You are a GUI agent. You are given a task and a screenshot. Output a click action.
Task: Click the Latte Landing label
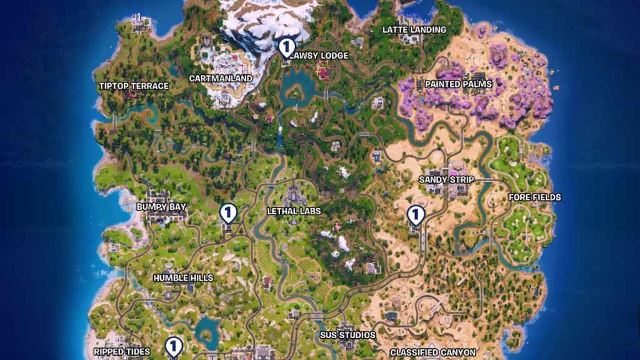click(414, 29)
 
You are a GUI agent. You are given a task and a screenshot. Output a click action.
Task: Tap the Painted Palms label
click(458, 84)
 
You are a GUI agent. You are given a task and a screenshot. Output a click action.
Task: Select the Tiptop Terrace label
click(134, 86)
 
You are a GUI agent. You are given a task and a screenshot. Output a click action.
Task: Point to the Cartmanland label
click(221, 79)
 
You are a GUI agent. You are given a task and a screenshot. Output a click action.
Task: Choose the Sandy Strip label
click(446, 180)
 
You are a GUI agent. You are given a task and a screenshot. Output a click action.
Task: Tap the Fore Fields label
click(534, 197)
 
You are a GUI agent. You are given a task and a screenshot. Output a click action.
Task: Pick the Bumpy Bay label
click(161, 206)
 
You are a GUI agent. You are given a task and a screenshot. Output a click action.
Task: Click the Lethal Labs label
click(294, 211)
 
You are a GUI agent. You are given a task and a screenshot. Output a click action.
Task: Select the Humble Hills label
click(183, 277)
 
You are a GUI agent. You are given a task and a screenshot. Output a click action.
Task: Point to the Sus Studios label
click(347, 336)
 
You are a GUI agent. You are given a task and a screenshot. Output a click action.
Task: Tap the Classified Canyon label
click(433, 352)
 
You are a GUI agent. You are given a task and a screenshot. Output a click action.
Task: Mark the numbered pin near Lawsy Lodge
click(287, 47)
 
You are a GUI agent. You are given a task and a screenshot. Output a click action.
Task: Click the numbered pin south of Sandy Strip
click(415, 215)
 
